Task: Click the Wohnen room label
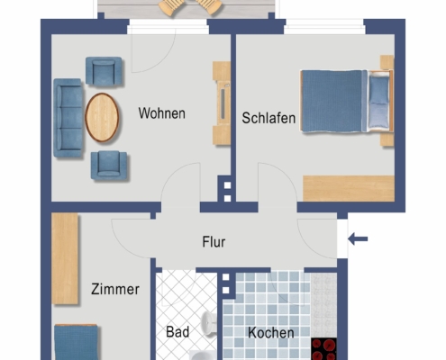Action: tap(161, 114)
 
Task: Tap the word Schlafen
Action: tap(269, 118)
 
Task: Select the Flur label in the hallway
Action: tap(214, 242)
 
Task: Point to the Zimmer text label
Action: tap(114, 290)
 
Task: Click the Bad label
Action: tap(177, 332)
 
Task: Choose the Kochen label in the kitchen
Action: tap(271, 333)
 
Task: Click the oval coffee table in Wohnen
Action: tap(102, 118)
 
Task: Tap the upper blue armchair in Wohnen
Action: tap(105, 71)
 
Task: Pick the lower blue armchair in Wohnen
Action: tap(109, 164)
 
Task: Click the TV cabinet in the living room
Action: tap(221, 103)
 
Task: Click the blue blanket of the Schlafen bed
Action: tap(333, 101)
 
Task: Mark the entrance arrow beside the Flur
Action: tap(358, 239)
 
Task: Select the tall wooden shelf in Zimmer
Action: tap(65, 258)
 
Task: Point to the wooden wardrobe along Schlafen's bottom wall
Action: tap(348, 187)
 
